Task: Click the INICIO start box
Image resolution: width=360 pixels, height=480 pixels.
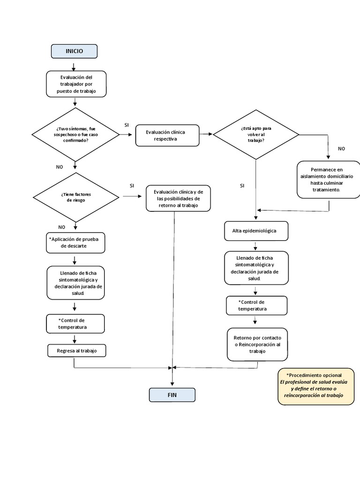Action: [x=74, y=51]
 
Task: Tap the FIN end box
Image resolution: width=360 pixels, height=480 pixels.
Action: [x=172, y=395]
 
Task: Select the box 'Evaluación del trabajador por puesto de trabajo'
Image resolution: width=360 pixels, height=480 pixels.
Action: [x=76, y=84]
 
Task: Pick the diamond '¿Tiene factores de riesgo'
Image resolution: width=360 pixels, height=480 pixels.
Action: [x=75, y=197]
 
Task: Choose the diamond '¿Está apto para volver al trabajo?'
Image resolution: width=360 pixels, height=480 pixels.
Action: [x=256, y=135]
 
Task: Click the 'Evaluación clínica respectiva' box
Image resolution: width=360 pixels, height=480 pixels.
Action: [x=167, y=135]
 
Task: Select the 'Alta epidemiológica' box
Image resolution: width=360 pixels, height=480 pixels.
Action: [x=255, y=231]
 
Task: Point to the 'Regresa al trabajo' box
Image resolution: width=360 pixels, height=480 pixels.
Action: [x=76, y=351]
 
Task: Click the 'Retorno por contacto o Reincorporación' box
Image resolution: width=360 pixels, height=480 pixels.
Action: [x=257, y=345]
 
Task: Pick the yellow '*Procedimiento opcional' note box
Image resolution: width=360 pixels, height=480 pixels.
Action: [x=316, y=386]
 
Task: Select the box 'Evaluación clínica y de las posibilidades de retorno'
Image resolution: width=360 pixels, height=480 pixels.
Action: [x=178, y=198]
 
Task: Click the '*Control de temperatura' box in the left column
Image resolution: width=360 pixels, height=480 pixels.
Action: [x=75, y=323]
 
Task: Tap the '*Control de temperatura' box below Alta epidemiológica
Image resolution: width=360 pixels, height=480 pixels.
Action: [x=255, y=306]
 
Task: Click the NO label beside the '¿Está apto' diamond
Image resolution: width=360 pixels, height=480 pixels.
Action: [x=341, y=149]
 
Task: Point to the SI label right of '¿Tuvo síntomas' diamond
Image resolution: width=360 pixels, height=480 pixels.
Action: [x=127, y=125]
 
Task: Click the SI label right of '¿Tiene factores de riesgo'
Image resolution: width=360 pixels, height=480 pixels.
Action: [x=132, y=186]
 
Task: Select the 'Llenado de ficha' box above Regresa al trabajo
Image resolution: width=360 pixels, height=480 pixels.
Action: [x=75, y=283]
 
